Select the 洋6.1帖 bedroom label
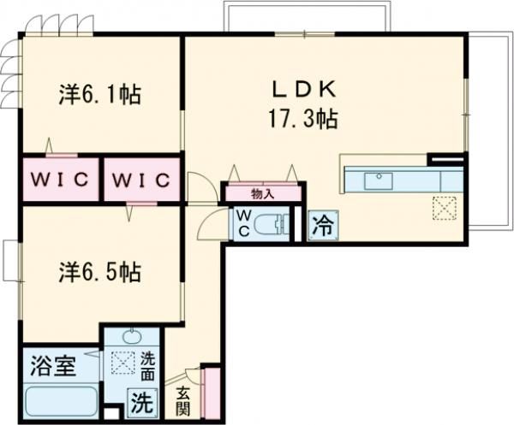point(101,92)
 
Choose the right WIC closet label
point(141,182)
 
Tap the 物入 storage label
point(262,193)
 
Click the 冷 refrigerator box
point(322,226)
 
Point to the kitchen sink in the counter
point(378,180)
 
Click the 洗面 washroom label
point(147,367)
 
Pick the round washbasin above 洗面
point(132,337)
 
